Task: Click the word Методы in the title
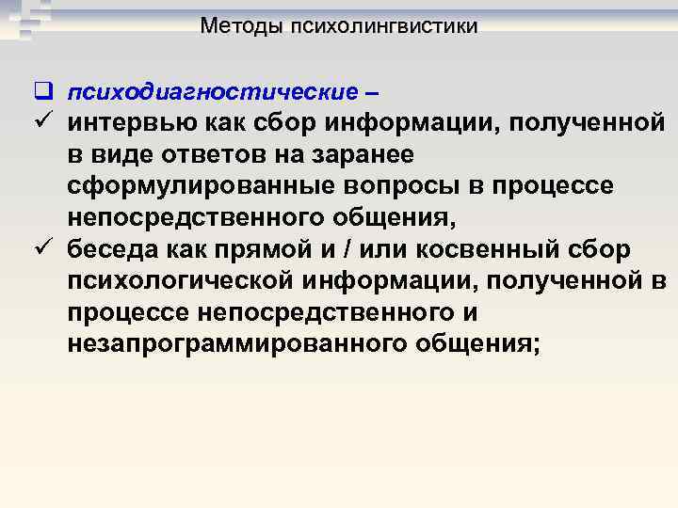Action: point(236,26)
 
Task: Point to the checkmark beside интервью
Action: point(40,122)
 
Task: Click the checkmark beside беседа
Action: point(40,252)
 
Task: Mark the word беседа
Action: point(112,252)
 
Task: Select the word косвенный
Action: point(491,252)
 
